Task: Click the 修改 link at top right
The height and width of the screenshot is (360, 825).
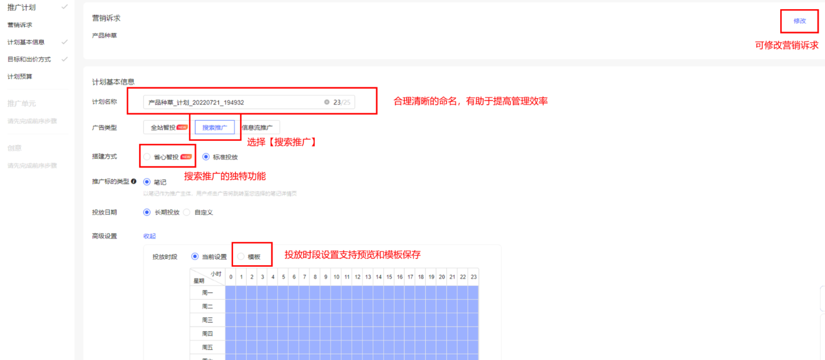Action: click(800, 21)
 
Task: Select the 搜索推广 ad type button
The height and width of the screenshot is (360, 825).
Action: click(215, 128)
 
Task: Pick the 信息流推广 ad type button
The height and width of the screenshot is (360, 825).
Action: click(261, 128)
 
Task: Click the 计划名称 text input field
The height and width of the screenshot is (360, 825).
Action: click(230, 102)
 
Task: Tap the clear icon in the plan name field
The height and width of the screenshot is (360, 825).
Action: click(327, 102)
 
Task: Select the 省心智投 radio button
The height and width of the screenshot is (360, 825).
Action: click(147, 157)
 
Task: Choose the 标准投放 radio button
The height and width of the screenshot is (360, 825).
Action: click(206, 157)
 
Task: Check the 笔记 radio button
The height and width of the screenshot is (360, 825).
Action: click(147, 182)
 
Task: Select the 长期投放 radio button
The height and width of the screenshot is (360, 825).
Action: click(147, 212)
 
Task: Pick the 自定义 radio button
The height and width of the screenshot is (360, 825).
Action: click(187, 212)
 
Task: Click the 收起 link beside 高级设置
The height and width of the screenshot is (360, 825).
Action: click(150, 236)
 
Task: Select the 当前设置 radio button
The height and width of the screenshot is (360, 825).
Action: click(195, 256)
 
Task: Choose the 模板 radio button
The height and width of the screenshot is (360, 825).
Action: click(241, 256)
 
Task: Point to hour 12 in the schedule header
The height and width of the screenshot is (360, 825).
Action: click(357, 277)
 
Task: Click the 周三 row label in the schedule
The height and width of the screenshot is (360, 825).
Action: click(208, 320)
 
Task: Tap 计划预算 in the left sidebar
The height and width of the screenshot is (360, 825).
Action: click(20, 76)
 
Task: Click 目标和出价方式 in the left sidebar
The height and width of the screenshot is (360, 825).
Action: click(29, 59)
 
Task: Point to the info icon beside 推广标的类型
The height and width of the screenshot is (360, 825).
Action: click(134, 182)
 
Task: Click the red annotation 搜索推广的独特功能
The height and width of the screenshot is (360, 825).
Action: click(225, 177)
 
